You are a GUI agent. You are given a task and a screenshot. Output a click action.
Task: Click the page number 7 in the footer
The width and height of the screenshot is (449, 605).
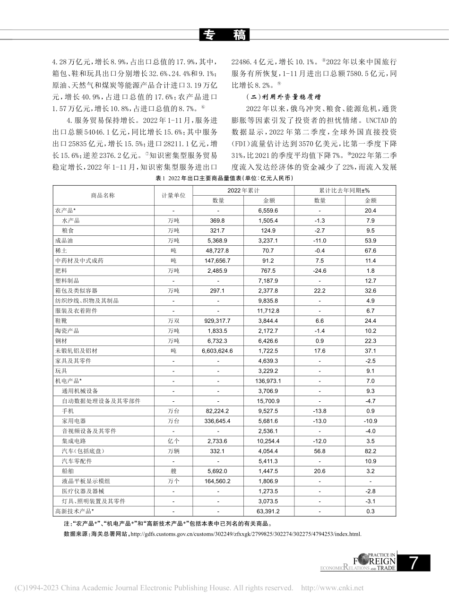click(x=414, y=563)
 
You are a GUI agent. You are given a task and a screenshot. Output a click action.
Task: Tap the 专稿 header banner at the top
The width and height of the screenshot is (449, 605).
click(x=224, y=35)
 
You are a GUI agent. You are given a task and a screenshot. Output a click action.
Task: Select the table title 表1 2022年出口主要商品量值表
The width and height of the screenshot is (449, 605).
click(x=224, y=178)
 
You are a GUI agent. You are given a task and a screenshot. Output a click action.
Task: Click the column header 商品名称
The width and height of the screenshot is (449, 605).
click(x=103, y=195)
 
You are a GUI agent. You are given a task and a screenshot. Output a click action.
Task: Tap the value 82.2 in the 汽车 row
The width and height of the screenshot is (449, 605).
click(x=370, y=451)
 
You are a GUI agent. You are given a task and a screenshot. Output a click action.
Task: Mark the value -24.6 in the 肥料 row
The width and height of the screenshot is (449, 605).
click(x=320, y=271)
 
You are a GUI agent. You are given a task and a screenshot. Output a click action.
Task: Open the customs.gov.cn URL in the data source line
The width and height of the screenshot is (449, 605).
click(x=245, y=534)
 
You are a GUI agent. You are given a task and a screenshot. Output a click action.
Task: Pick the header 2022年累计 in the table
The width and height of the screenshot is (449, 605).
click(x=243, y=190)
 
